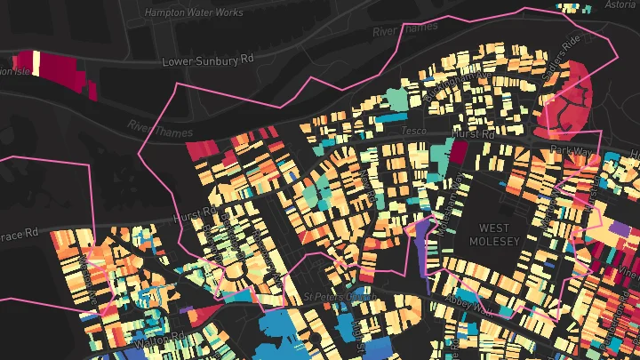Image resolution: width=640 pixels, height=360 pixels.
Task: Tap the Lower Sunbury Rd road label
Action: coord(209,60)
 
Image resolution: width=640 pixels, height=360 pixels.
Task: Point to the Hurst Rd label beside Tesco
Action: coord(474,133)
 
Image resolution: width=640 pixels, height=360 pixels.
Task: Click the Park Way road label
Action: coord(570,151)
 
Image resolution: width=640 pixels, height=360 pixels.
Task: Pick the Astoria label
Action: coord(620,5)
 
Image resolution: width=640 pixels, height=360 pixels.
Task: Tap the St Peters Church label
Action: coord(334,296)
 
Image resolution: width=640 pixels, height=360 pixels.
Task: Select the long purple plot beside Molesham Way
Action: coord(420,253)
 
